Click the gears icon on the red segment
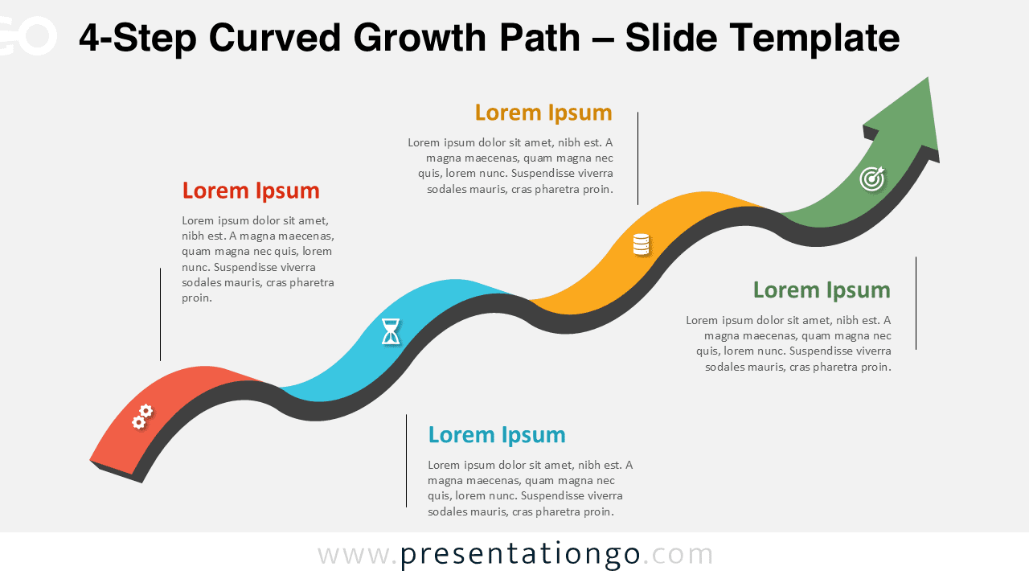tap(142, 417)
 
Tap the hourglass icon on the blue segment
tap(391, 331)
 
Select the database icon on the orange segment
tap(641, 244)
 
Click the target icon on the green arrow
tap(872, 178)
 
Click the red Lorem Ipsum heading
tap(251, 191)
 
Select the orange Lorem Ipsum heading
tap(543, 113)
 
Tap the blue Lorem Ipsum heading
tap(497, 435)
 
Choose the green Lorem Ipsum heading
tap(822, 290)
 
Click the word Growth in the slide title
tap(419, 38)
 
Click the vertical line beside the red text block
tap(160, 314)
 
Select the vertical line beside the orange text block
tap(637, 158)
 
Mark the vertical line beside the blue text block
tap(406, 461)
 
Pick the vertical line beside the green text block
tap(916, 303)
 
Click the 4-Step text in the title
tap(136, 38)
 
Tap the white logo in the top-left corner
tap(28, 36)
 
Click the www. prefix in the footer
tap(357, 555)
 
